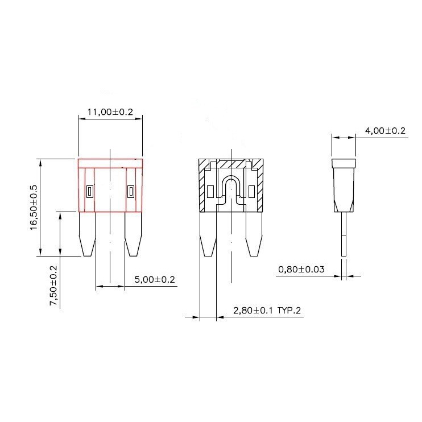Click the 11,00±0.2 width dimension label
click(x=110, y=112)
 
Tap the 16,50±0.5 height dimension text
click(x=34, y=207)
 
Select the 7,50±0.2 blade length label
click(x=53, y=286)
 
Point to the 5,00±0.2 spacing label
click(x=155, y=280)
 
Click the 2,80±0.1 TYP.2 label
click(x=267, y=311)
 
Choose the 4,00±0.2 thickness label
click(x=385, y=131)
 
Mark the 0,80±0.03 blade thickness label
click(x=301, y=269)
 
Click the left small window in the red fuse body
click(x=90, y=192)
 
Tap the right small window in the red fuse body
click(x=131, y=192)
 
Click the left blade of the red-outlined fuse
click(x=87, y=234)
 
